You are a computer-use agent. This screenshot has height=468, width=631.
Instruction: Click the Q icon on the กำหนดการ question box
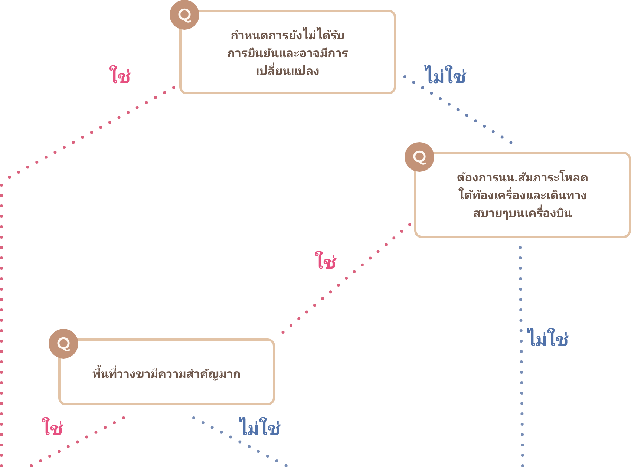[184, 15]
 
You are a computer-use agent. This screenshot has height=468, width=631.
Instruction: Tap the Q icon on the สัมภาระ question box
[419, 157]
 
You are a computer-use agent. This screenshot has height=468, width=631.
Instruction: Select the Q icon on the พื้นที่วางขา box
[63, 344]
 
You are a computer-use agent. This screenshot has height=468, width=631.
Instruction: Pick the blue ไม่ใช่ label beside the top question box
[445, 75]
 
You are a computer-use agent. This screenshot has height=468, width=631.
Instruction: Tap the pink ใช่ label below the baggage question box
[326, 261]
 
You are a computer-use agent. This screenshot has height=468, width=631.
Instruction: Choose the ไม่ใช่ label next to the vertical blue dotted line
[548, 338]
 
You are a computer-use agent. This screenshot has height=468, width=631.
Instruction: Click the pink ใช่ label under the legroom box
[52, 426]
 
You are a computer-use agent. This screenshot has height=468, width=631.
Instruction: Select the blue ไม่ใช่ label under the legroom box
[259, 427]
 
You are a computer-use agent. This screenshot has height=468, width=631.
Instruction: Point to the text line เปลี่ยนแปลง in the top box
[288, 71]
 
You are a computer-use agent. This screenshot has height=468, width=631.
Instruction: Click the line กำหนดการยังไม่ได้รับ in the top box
[288, 35]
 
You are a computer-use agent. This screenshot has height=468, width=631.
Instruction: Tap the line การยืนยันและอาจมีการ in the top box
[288, 53]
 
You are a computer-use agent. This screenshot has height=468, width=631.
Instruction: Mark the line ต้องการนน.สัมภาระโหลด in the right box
[522, 178]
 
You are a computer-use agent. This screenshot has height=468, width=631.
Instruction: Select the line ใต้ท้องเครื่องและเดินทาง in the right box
[522, 195]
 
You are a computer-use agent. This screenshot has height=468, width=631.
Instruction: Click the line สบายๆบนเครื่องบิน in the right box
[522, 213]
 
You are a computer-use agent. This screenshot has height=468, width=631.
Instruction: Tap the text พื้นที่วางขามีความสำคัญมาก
[166, 374]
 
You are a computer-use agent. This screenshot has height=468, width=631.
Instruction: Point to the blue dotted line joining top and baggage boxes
[458, 110]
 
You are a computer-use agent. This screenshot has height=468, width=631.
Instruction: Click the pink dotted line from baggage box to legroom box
[346, 278]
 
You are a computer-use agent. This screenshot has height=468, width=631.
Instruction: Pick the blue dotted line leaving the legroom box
[240, 442]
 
